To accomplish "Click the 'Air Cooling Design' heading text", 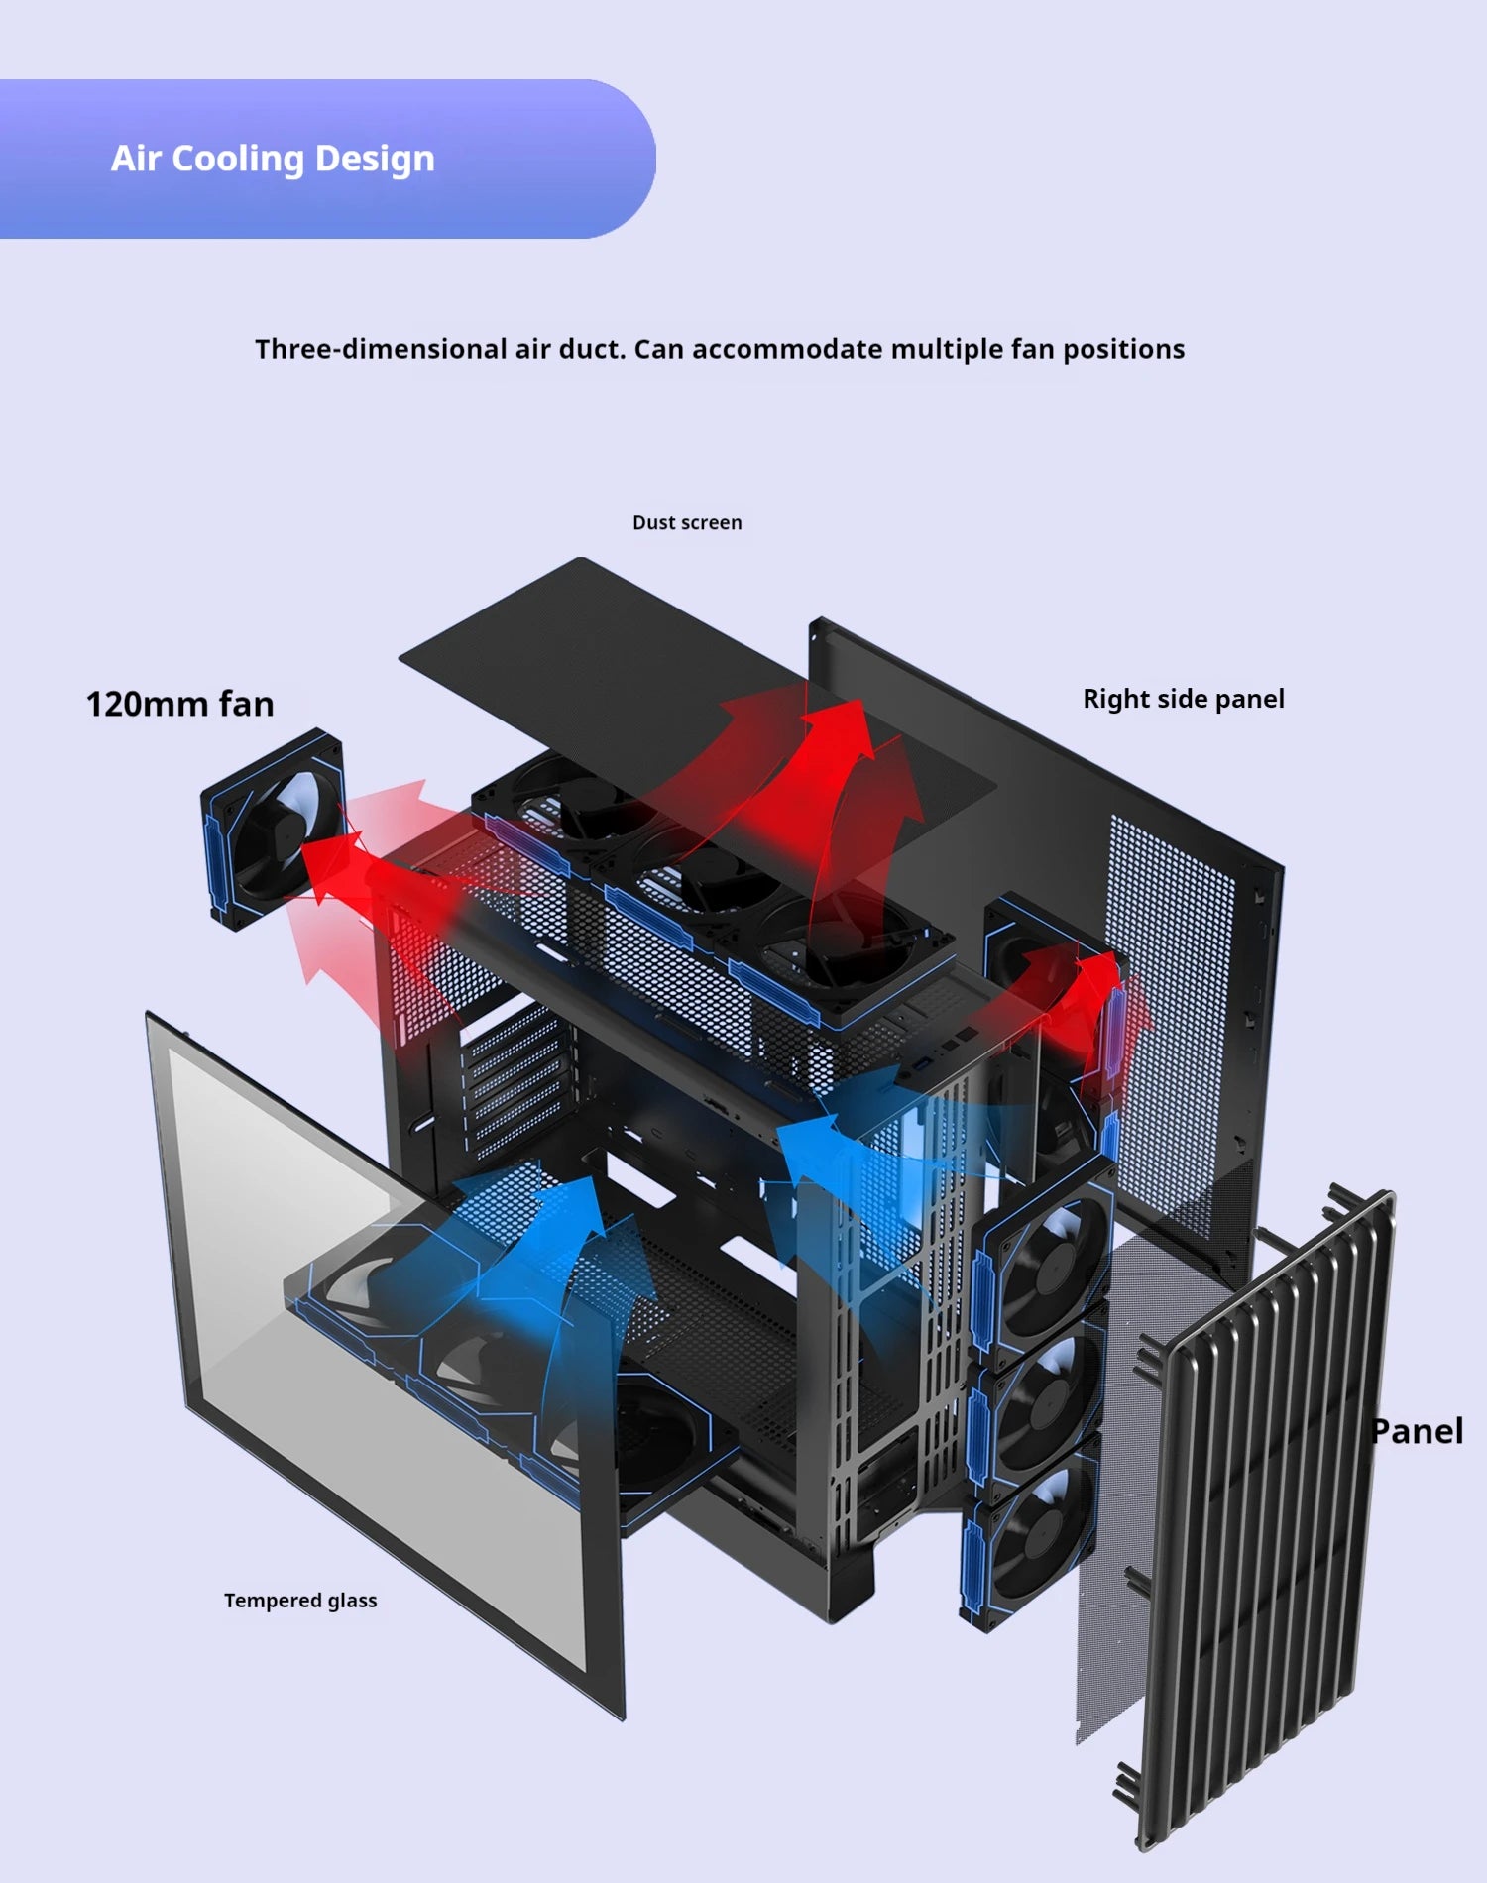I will point(273,159).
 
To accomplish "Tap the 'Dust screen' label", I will point(687,522).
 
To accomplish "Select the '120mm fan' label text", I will point(179,704).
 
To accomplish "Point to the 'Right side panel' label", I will point(1183,699).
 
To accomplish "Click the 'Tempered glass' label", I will point(300,1600).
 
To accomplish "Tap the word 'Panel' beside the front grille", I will point(1418,1431).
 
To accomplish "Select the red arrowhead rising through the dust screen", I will point(843,723).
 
